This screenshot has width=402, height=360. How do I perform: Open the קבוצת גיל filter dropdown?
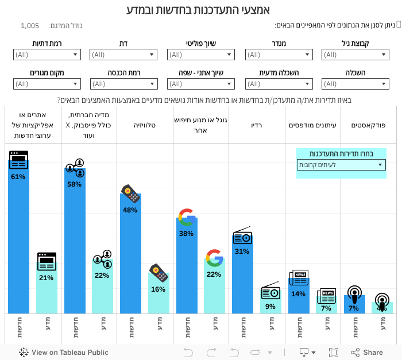tap(355, 55)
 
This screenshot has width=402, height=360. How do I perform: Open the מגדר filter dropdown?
tap(279, 55)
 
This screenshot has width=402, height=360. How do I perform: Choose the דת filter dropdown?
tap(123, 55)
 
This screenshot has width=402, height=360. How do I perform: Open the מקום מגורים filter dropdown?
tap(47, 84)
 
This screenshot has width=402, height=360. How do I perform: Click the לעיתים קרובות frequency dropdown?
tap(341, 165)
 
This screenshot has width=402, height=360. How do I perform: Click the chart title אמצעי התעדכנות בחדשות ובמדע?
tap(198, 10)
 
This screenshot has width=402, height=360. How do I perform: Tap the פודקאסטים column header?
tap(369, 125)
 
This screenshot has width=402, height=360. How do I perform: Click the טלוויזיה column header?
tap(145, 125)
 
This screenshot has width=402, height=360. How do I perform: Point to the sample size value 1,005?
tap(30, 26)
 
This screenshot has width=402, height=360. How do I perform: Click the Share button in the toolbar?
tap(367, 353)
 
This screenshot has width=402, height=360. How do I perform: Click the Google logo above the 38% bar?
tap(187, 216)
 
